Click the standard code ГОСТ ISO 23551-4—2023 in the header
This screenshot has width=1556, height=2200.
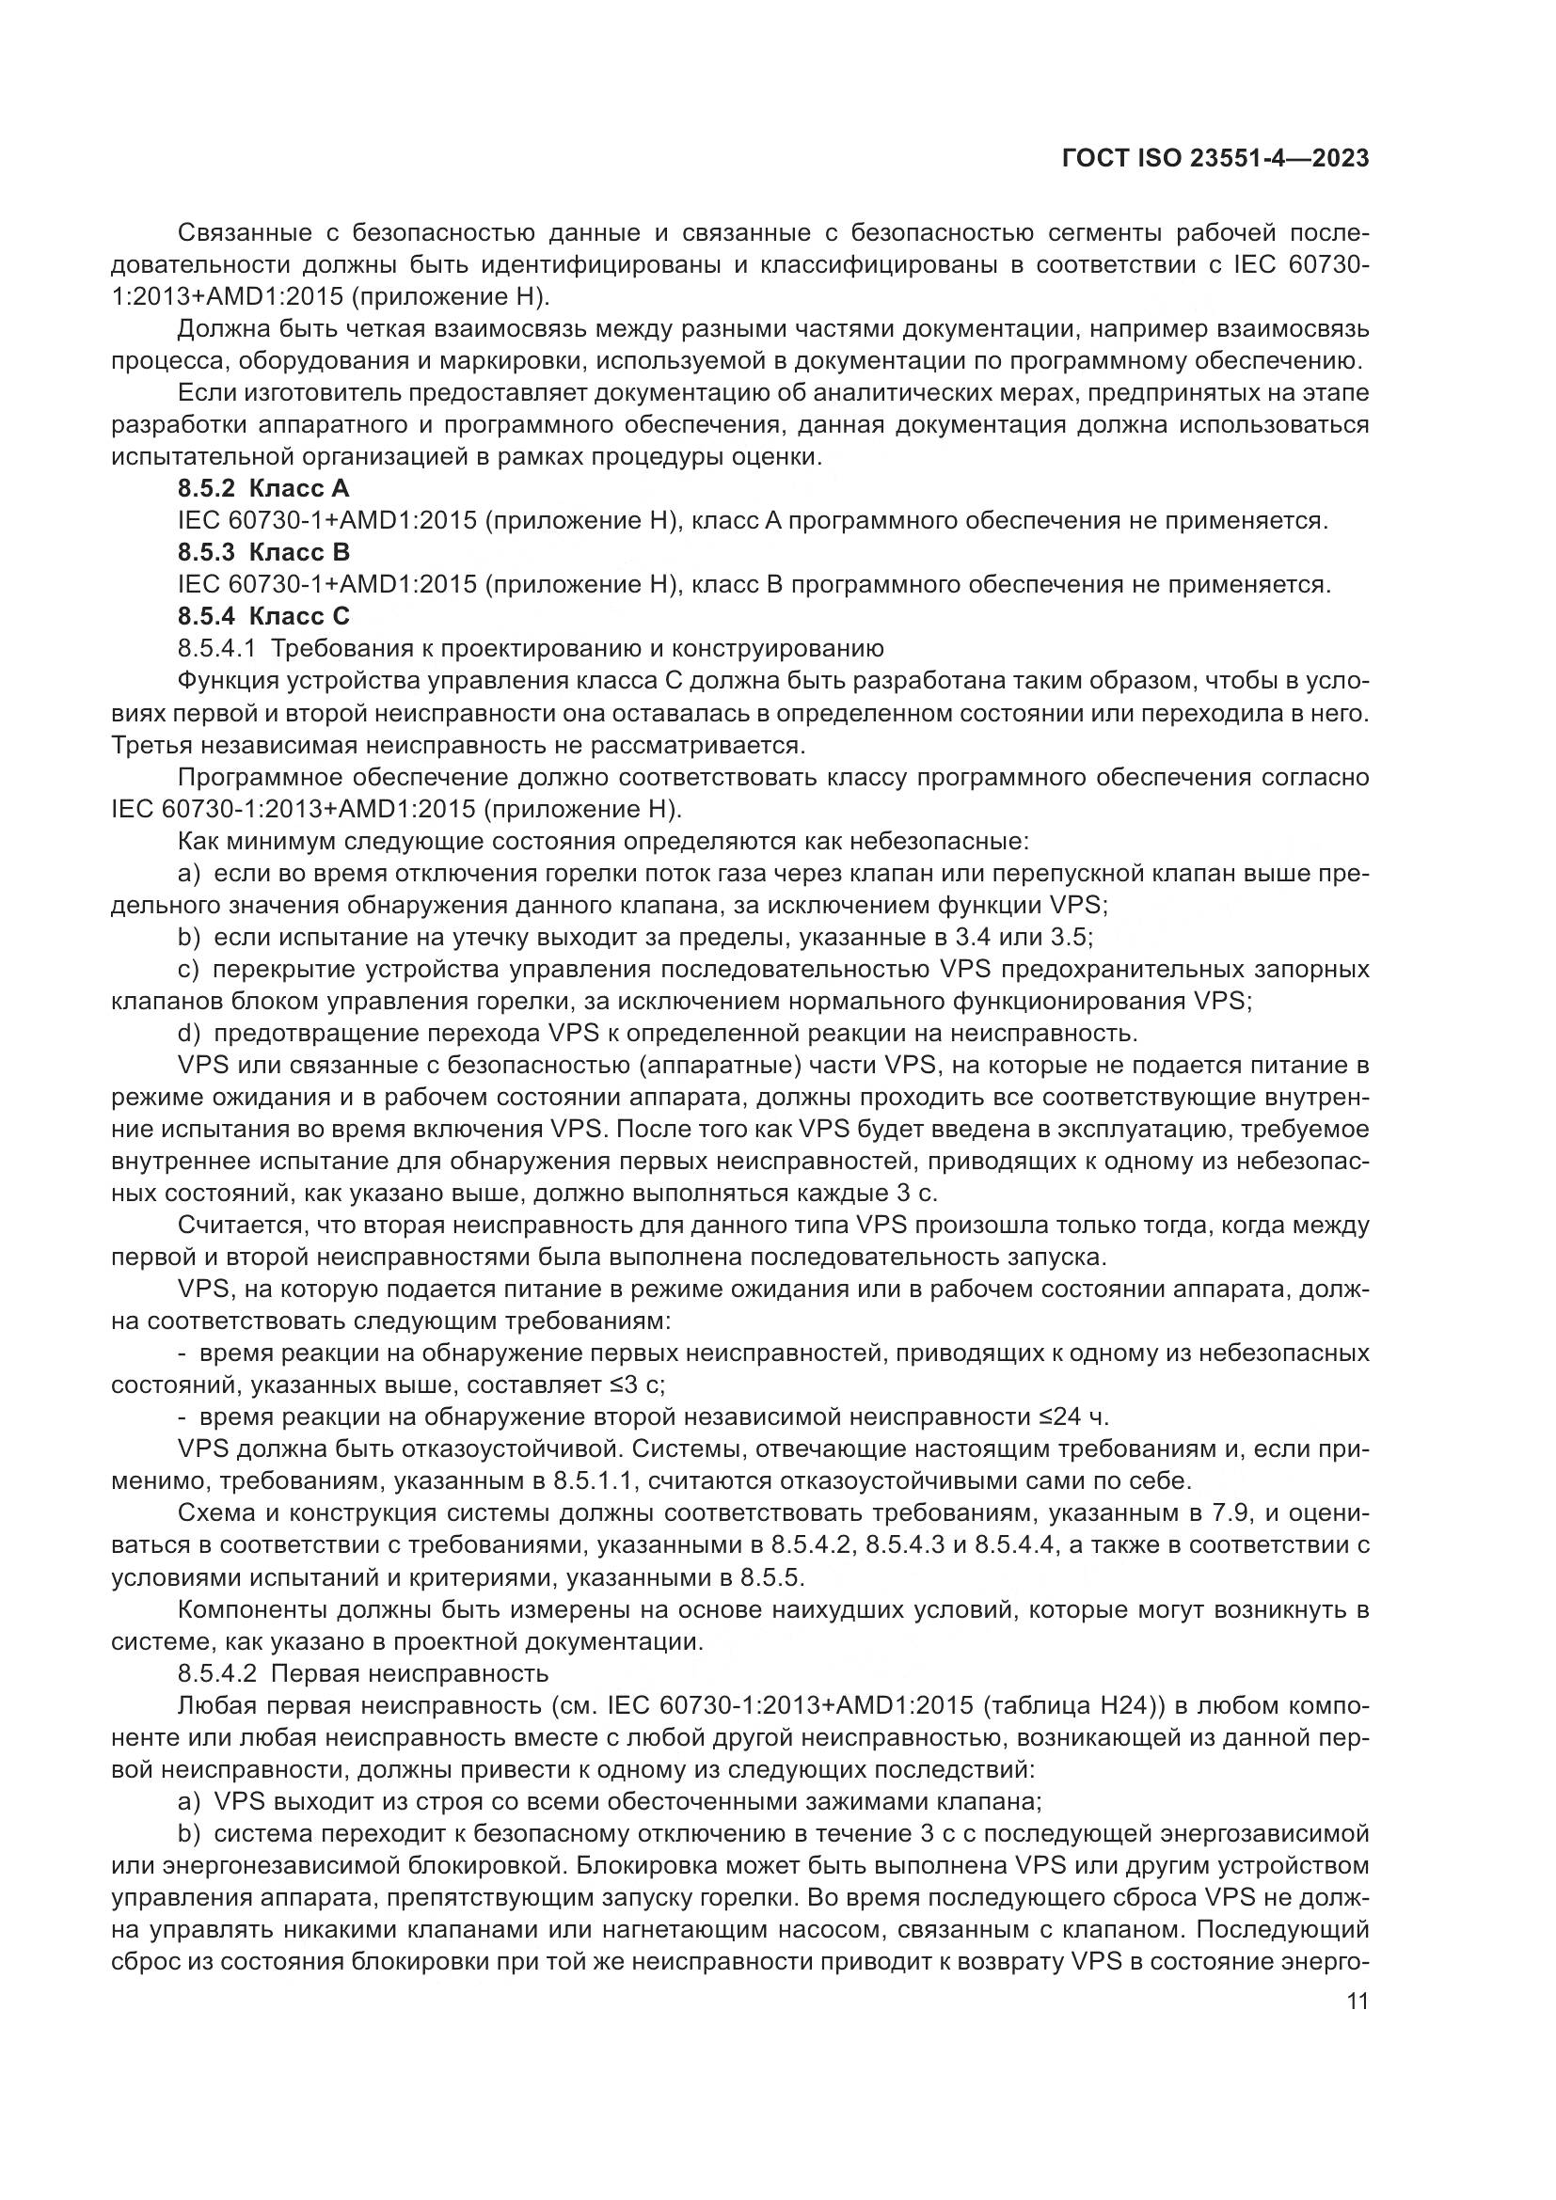1215,159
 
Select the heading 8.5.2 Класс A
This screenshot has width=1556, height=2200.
263,490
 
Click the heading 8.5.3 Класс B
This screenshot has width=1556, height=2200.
263,553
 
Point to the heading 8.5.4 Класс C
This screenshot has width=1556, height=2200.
263,616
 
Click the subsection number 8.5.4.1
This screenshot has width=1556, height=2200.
216,649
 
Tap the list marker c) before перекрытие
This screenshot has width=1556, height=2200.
189,970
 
